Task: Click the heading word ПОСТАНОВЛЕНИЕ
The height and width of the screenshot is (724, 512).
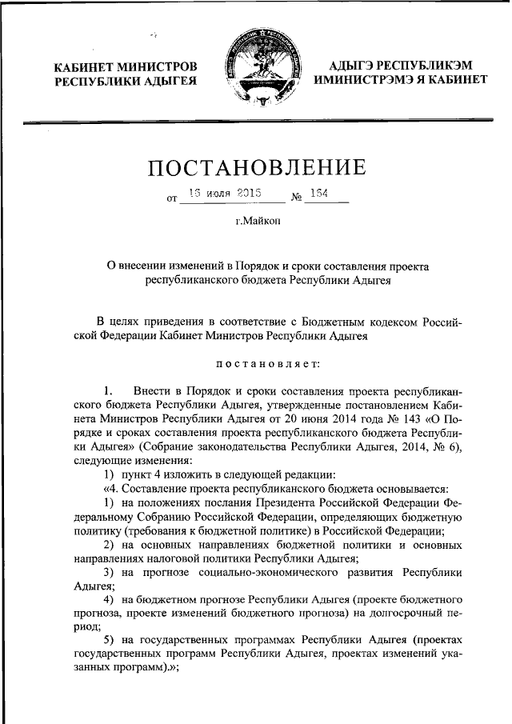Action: click(x=256, y=167)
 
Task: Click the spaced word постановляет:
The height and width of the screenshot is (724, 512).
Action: click(x=256, y=363)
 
